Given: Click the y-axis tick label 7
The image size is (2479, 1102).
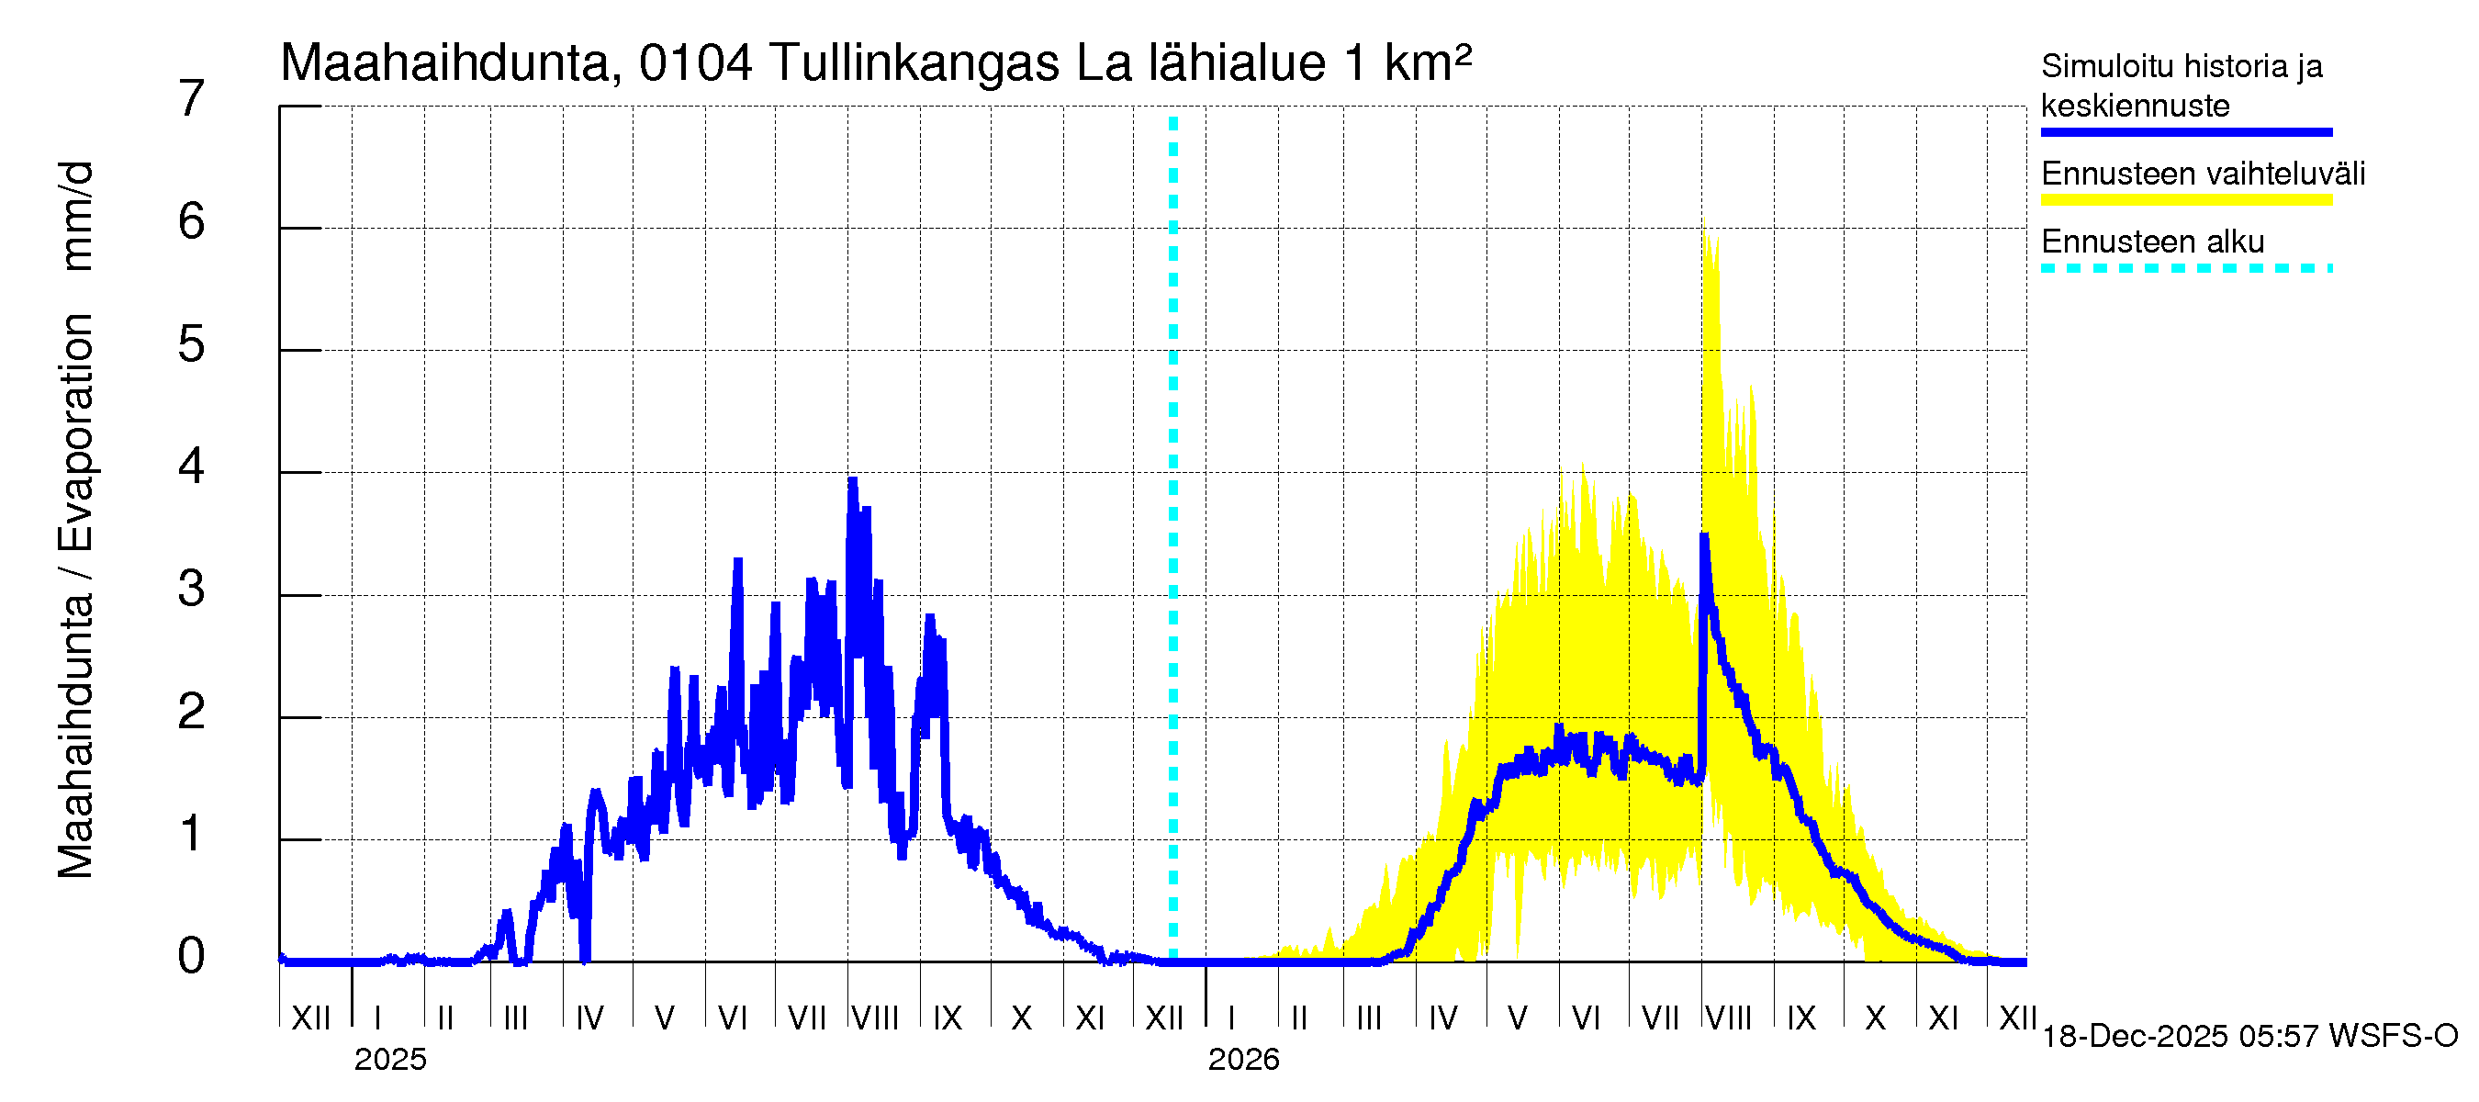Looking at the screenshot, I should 192,99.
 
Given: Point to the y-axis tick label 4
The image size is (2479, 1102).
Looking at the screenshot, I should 192,467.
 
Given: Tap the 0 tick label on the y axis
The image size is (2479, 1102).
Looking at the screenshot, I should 192,956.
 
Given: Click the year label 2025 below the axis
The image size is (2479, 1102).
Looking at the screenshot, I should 389,1060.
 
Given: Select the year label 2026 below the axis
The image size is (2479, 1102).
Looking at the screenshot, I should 1243,1060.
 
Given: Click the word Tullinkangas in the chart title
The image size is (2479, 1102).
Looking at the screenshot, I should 914,63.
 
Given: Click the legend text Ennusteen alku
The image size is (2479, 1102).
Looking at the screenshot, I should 2153,242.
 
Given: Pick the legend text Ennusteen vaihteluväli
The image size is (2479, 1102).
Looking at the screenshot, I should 2203,174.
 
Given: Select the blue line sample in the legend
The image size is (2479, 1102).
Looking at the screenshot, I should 2186,132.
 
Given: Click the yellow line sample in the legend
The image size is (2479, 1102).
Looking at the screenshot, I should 2186,200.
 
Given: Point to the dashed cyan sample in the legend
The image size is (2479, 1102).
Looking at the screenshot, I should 2186,268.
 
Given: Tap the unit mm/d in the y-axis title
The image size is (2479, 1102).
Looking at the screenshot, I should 76,216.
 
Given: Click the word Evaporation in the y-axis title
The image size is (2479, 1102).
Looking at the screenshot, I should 76,433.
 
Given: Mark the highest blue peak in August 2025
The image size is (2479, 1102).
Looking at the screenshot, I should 852,479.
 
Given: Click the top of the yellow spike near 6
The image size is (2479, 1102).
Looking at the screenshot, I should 1705,232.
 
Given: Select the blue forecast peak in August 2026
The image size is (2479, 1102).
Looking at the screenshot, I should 1704,535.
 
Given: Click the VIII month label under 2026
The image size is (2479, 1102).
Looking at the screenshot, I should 1728,1018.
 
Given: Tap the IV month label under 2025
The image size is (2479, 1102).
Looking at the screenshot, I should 589,1018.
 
